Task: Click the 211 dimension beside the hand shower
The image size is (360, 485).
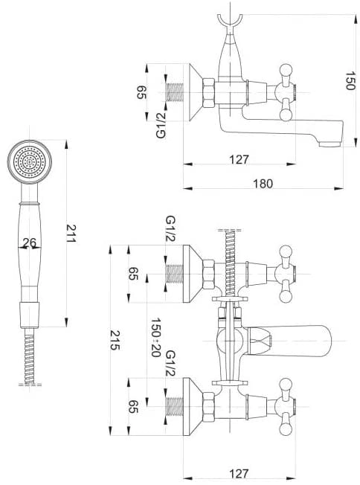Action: [x=71, y=234]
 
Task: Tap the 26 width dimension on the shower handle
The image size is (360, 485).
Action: [x=30, y=242]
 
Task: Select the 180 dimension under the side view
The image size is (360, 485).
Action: [x=263, y=184]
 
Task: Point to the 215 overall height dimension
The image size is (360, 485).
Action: [x=115, y=340]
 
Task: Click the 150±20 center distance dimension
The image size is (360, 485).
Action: [x=155, y=337]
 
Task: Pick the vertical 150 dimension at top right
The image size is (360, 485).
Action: [x=350, y=81]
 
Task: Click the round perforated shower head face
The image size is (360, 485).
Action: [x=30, y=161]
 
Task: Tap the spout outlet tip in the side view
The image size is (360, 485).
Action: [x=330, y=144]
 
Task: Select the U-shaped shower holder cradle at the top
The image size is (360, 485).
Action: [x=230, y=22]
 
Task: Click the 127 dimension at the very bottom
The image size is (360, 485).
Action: [x=239, y=474]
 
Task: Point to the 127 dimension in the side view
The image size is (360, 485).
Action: [x=239, y=160]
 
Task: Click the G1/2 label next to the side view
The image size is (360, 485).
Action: [x=161, y=125]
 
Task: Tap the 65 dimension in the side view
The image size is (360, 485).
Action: [x=141, y=92]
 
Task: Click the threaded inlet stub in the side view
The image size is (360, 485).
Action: [x=175, y=92]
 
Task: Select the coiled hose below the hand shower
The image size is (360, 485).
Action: [x=30, y=356]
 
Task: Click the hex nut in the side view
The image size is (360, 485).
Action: [x=209, y=92]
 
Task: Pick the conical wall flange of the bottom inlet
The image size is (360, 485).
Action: [x=193, y=406]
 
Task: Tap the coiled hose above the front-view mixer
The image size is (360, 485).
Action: [x=230, y=263]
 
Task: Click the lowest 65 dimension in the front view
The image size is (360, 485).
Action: [x=133, y=406]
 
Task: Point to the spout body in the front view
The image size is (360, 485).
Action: [x=289, y=341]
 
